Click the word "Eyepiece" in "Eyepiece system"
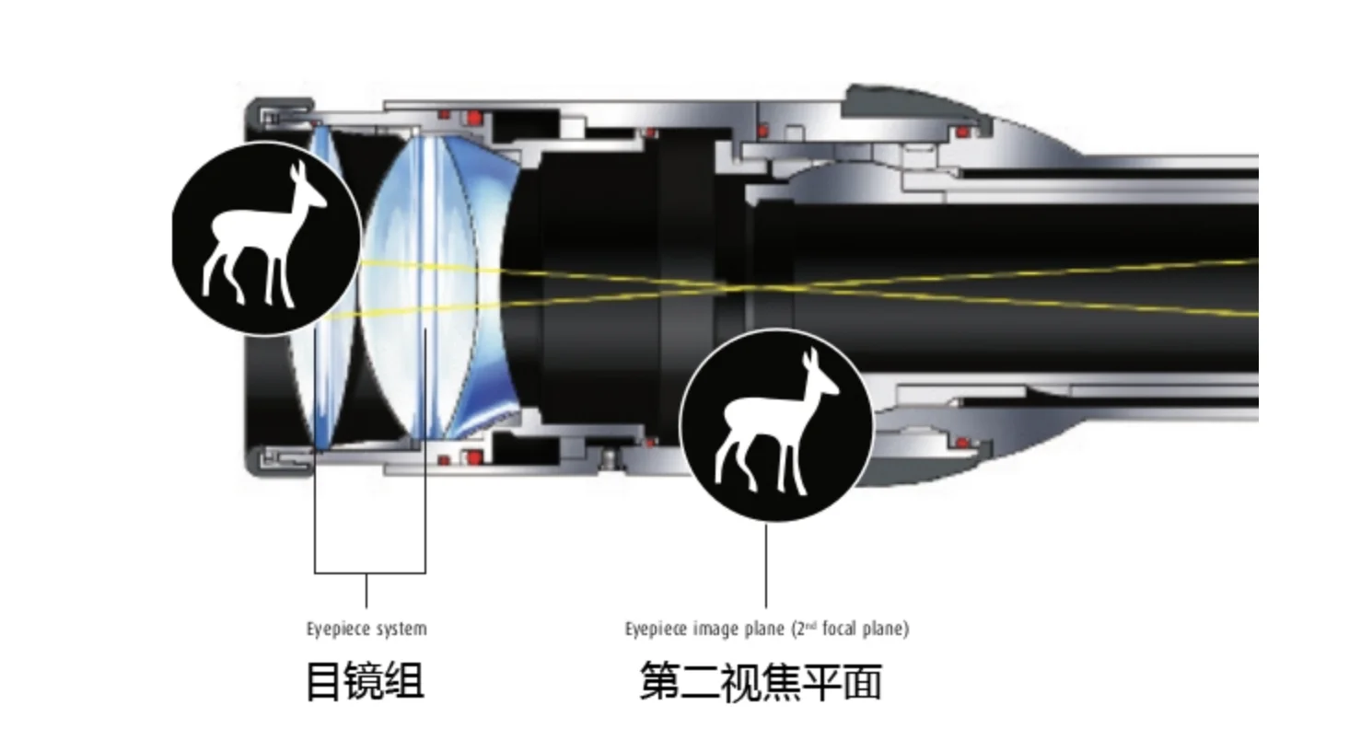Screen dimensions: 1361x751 (x=337, y=630)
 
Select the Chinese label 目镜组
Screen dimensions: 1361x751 (x=365, y=682)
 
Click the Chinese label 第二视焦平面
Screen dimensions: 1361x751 (x=761, y=682)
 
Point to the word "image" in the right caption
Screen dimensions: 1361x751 (x=715, y=630)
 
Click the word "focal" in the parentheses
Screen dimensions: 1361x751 (x=840, y=630)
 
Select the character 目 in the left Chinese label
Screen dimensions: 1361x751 (x=323, y=682)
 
